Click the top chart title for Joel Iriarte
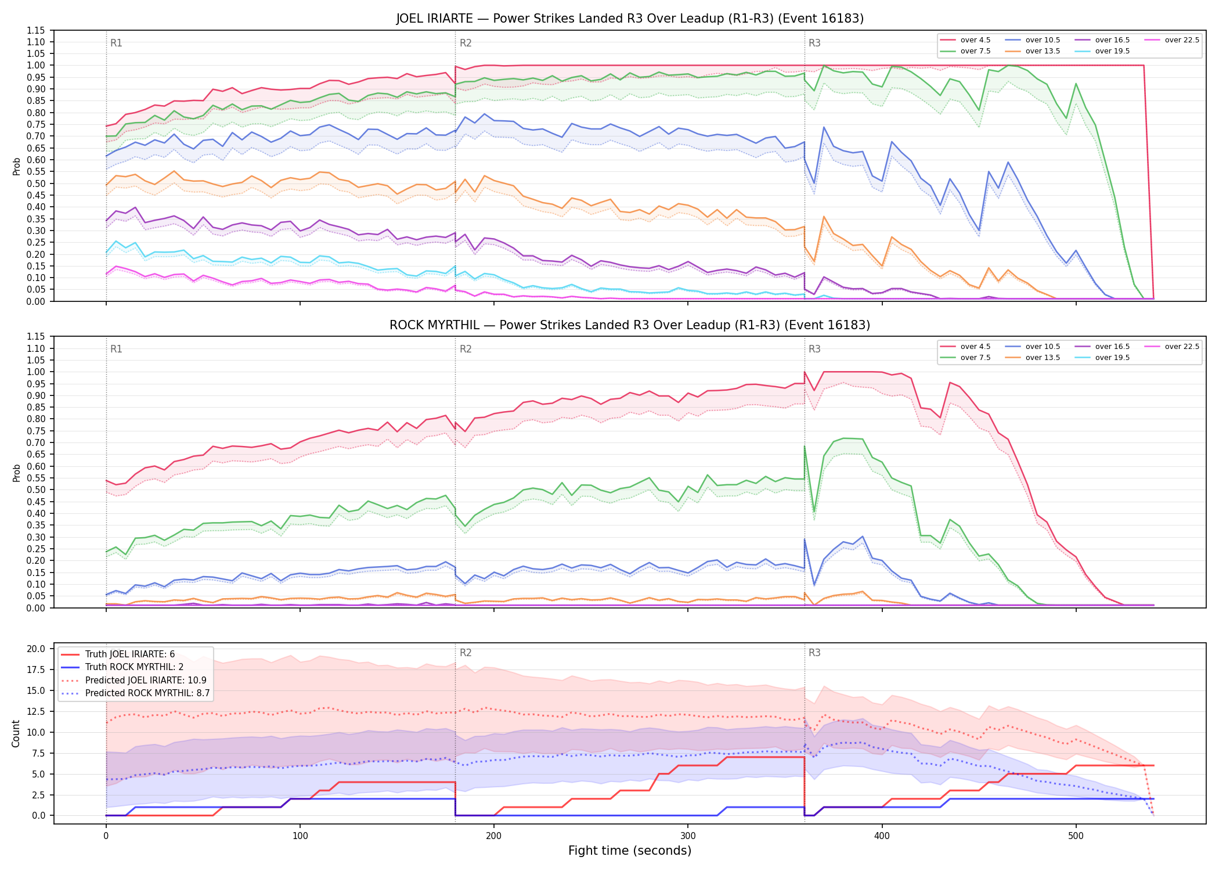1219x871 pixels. coord(630,19)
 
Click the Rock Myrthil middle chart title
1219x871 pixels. coord(630,325)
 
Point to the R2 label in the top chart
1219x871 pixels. coord(466,43)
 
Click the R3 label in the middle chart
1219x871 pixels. coord(814,349)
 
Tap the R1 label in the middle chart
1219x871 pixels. coord(116,349)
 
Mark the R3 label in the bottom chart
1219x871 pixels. coord(814,653)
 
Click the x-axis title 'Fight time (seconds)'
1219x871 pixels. coord(630,851)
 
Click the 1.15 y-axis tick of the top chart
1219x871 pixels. coord(36,30)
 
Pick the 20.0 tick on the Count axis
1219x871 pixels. coord(36,649)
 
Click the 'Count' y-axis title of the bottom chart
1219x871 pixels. coord(16,733)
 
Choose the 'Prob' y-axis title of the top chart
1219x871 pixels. coord(16,166)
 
